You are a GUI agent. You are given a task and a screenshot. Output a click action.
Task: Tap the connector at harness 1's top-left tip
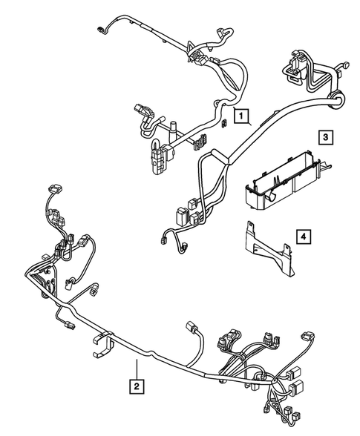point(102,30)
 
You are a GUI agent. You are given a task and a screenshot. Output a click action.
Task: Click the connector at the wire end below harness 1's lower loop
point(165,240)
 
